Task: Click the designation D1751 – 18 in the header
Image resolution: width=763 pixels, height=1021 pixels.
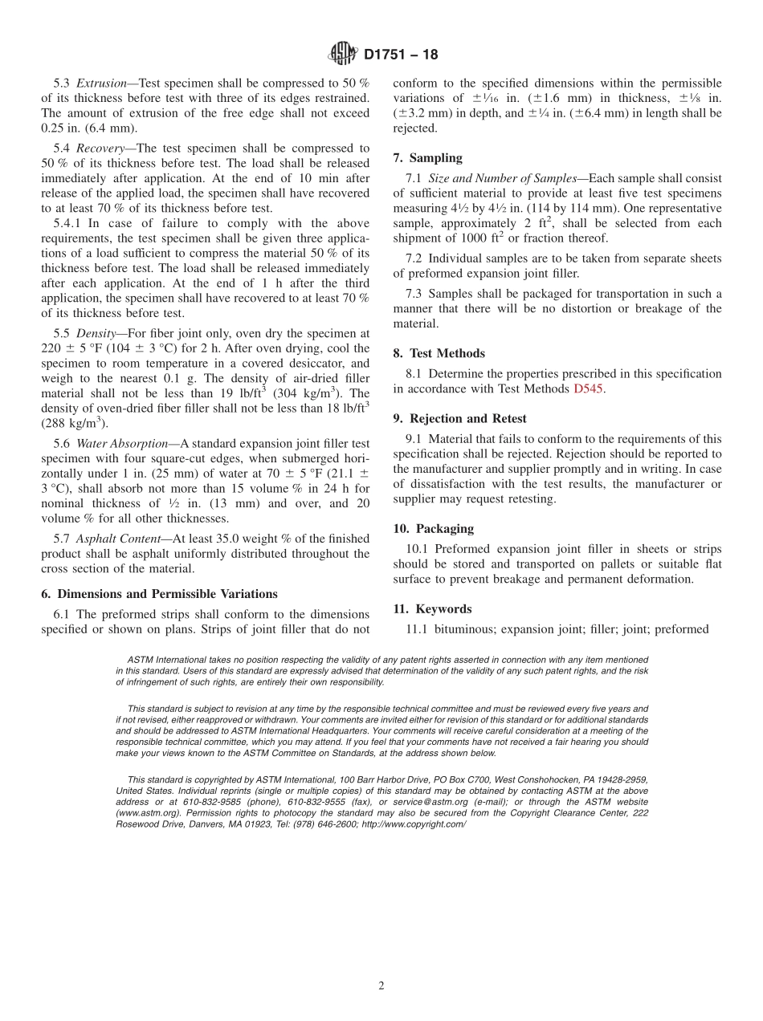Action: (401, 55)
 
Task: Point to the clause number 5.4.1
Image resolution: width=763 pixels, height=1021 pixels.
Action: (69, 224)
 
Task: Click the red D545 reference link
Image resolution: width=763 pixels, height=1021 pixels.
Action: (587, 389)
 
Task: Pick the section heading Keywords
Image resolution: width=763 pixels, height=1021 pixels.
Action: (443, 609)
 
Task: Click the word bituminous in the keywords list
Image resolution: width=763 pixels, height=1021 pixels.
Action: (463, 629)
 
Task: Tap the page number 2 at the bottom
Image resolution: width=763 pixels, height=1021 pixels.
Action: (381, 986)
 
